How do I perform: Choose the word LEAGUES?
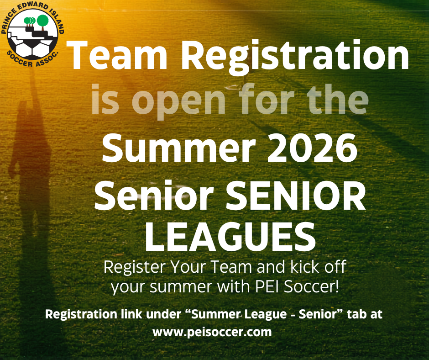point(230,237)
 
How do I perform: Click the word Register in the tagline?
point(135,267)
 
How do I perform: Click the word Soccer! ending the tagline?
point(311,287)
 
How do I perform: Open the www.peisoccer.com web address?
point(212,332)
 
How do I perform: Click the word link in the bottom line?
point(131,314)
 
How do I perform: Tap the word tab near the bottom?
point(356,314)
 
